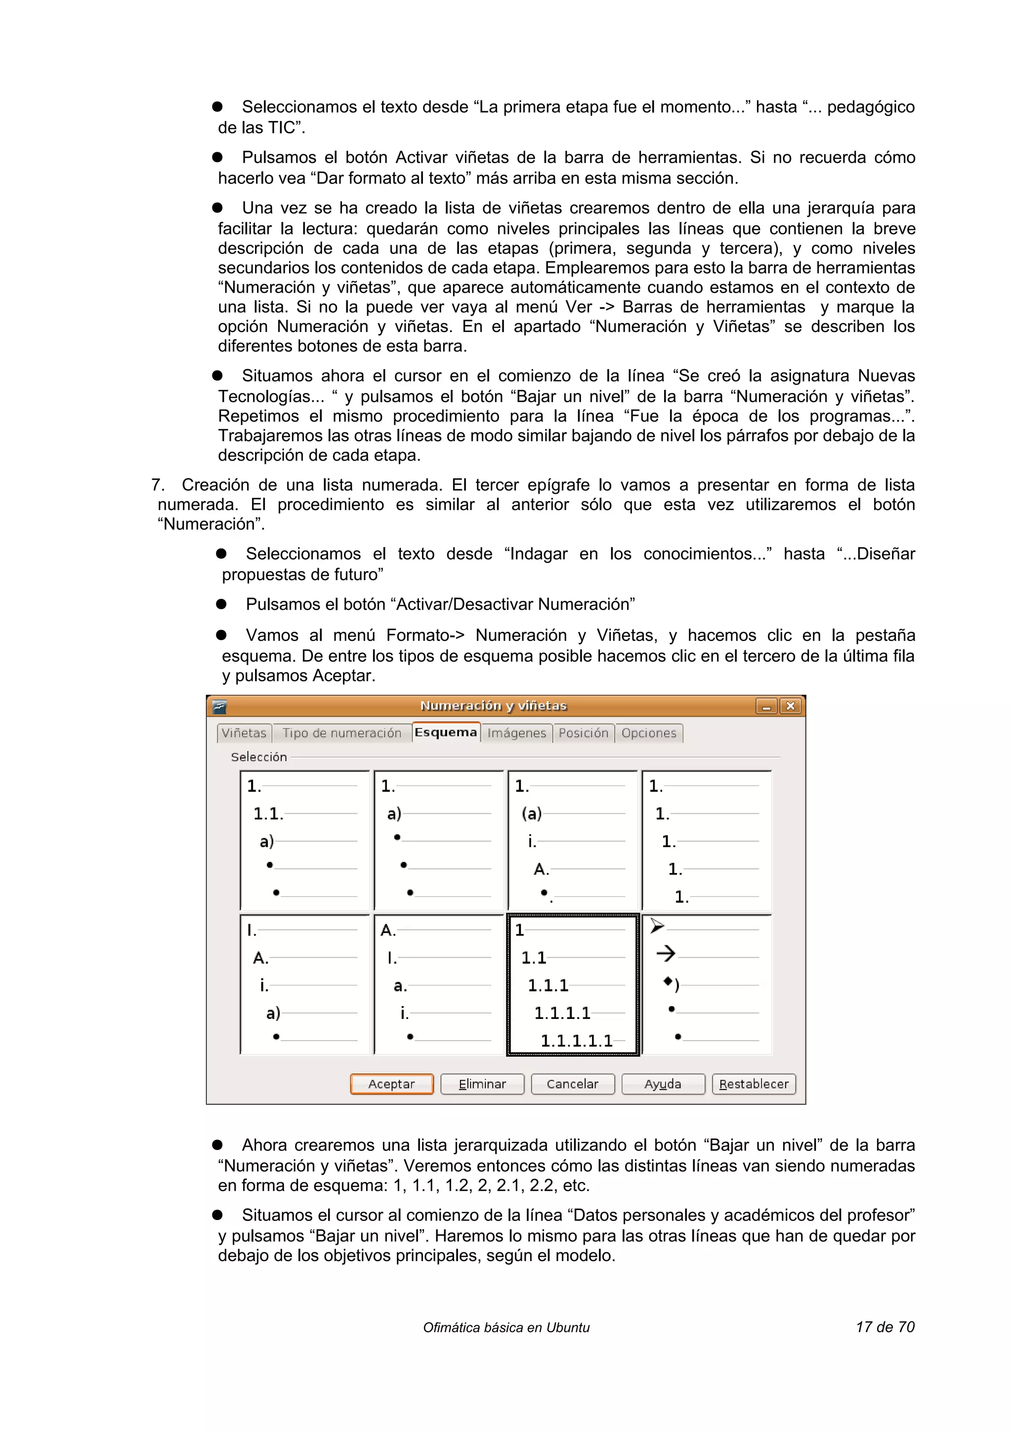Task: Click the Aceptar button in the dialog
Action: (x=391, y=1084)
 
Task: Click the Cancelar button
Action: (x=572, y=1084)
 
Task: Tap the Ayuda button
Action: (x=662, y=1084)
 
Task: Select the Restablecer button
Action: (x=753, y=1084)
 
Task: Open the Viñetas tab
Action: (x=244, y=733)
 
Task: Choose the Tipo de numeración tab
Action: (x=341, y=733)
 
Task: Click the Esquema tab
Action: (x=445, y=732)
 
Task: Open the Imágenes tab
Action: (x=516, y=733)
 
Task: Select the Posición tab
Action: (x=583, y=733)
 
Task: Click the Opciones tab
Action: (x=648, y=733)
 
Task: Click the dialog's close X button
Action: (x=791, y=706)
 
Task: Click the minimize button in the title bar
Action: (x=766, y=706)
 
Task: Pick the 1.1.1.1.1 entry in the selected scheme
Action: (x=576, y=1040)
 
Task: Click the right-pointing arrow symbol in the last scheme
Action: (x=665, y=953)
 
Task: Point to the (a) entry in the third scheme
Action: (x=531, y=813)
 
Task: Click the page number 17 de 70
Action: (x=885, y=1327)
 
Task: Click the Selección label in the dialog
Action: (x=259, y=757)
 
